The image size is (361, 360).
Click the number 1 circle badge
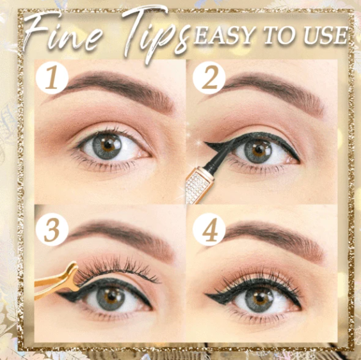tap(52, 79)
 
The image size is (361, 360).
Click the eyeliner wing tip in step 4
tap(209, 295)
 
